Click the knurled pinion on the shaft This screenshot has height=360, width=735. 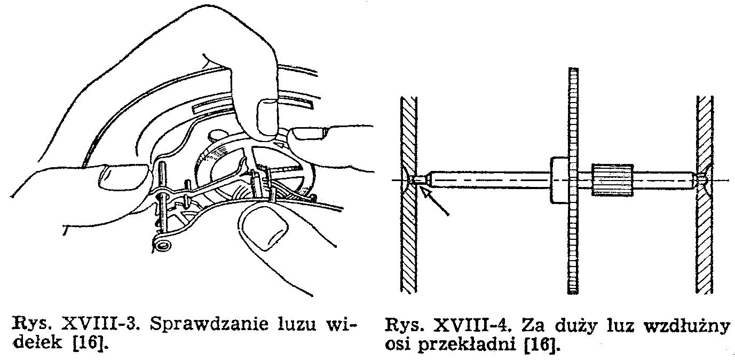[612, 180]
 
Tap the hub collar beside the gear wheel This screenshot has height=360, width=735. [559, 180]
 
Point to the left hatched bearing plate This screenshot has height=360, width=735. [408, 194]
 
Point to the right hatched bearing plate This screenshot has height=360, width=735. [704, 194]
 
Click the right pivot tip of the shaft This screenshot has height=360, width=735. [698, 179]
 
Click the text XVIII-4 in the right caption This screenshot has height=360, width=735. [472, 326]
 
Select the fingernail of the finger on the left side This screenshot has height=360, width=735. [123, 176]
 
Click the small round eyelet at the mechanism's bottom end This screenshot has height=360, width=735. [163, 245]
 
